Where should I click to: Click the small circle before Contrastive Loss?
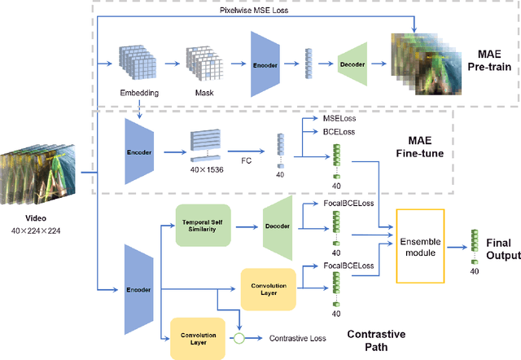coord(239,336)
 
